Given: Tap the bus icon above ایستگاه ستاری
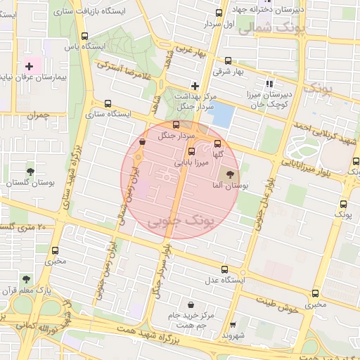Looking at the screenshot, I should click(107, 103).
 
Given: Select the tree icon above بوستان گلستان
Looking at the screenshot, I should click(30, 171).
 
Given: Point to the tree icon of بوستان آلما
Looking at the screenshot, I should click(229, 174).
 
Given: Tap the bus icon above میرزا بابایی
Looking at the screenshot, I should click(191, 150).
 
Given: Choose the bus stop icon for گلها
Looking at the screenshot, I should click(217, 143).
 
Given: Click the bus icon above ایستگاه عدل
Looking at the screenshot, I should click(225, 269).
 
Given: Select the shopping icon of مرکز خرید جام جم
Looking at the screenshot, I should click(191, 304).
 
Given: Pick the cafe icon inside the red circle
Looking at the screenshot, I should click(143, 141).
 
